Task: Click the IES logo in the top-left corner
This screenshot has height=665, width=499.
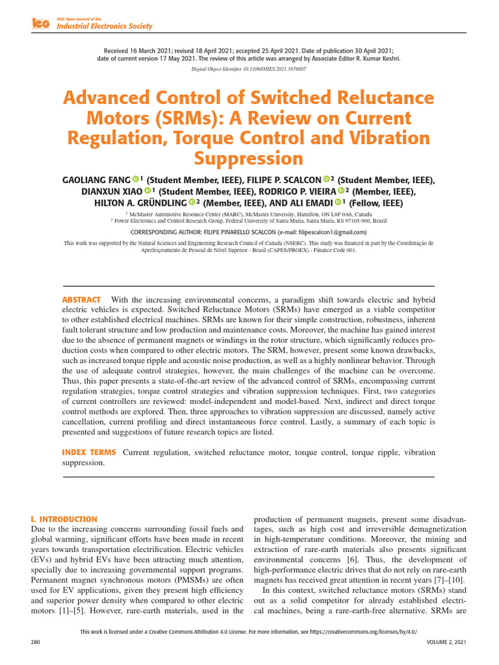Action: [x=40, y=23]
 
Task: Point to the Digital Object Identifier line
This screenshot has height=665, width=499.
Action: [x=249, y=68]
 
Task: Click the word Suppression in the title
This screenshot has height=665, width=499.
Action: [x=249, y=158]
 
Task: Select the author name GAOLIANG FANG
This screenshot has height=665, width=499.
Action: [x=96, y=179]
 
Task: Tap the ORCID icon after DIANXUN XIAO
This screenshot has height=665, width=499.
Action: [x=147, y=191]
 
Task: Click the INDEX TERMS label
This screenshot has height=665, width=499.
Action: [x=88, y=452]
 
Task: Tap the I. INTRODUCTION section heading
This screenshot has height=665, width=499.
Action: [x=64, y=520]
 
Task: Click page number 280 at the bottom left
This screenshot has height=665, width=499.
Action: [x=36, y=642]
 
